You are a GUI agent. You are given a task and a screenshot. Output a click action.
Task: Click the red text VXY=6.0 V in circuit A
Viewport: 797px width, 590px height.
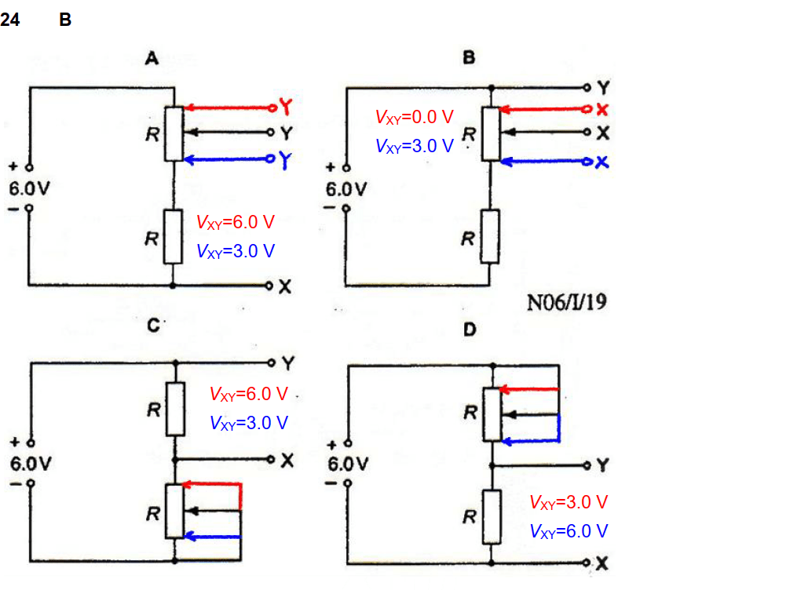pyautogui.click(x=236, y=223)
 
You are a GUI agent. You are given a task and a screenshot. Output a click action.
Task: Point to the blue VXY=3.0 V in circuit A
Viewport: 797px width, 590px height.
pyautogui.click(x=236, y=252)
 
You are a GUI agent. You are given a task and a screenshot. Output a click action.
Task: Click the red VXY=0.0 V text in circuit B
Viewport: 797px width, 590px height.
pyautogui.click(x=414, y=118)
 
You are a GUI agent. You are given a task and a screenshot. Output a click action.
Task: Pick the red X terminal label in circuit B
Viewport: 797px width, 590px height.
pyautogui.click(x=602, y=108)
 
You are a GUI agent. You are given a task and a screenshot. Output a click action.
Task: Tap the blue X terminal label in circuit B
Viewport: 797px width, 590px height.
pyautogui.click(x=602, y=162)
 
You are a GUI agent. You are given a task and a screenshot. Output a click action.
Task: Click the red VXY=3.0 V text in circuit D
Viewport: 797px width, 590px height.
pyautogui.click(x=569, y=502)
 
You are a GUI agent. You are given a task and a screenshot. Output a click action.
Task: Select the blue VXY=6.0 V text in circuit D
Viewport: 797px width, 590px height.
pyautogui.click(x=569, y=531)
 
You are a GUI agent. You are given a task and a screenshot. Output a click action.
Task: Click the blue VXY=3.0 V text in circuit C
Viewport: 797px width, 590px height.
pyautogui.click(x=249, y=422)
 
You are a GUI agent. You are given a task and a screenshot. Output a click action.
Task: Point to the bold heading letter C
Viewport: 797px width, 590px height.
pyautogui.click(x=155, y=327)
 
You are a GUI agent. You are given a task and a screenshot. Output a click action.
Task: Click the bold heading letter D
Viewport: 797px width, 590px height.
pyautogui.click(x=469, y=330)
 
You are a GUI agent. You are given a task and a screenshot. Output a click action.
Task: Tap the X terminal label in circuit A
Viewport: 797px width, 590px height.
pyautogui.click(x=285, y=288)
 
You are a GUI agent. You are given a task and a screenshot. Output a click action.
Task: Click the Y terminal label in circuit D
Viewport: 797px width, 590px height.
pyautogui.click(x=602, y=465)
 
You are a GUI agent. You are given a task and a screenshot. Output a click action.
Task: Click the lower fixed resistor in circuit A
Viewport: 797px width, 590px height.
pyautogui.click(x=174, y=236)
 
